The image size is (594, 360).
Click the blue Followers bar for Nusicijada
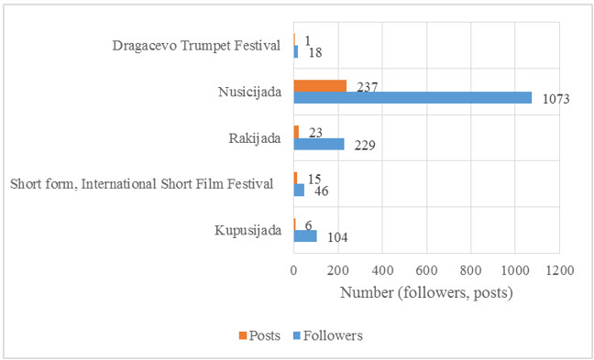tap(412, 97)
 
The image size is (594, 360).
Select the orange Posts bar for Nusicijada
tap(320, 85)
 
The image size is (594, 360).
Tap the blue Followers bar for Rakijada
tap(319, 144)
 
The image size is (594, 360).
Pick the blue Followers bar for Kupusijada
tap(305, 236)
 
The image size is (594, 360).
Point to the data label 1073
tap(554, 99)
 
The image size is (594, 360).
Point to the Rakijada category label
tap(253, 137)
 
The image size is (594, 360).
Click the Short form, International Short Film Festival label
tap(142, 184)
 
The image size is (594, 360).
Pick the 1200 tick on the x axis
tap(559, 271)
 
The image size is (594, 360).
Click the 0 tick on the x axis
tap(293, 271)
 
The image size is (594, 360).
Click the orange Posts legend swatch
tap(244, 335)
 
